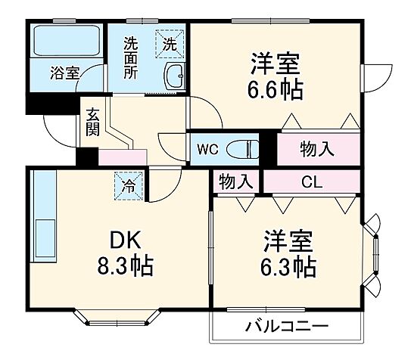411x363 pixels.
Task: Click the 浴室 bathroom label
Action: (x=64, y=73)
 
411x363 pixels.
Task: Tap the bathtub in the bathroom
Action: (x=66, y=42)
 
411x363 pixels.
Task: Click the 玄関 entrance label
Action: (x=92, y=122)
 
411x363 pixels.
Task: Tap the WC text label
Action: (x=208, y=149)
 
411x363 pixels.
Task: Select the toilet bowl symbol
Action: (x=244, y=148)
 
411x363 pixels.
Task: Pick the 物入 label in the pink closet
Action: (x=316, y=149)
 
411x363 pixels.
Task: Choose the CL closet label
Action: (x=310, y=181)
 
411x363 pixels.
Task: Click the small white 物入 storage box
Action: (x=235, y=181)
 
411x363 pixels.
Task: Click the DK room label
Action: (x=125, y=240)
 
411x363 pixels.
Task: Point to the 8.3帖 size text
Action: (x=125, y=266)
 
